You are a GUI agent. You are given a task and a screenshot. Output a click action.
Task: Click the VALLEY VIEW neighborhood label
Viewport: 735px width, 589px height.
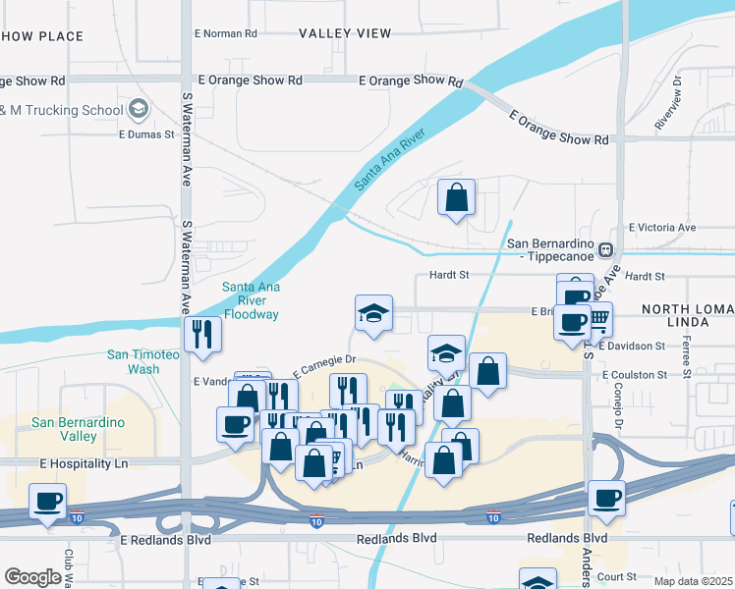click(345, 32)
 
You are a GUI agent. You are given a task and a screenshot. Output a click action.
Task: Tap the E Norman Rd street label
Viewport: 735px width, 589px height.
click(225, 32)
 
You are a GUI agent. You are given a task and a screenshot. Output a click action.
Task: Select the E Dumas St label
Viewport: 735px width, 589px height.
click(145, 134)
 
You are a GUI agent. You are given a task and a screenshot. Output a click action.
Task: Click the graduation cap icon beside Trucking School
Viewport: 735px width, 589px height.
click(139, 109)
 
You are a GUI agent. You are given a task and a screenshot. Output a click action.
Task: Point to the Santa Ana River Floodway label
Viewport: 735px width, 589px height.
click(251, 300)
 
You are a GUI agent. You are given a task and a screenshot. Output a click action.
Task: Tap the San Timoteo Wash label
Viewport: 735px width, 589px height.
click(143, 361)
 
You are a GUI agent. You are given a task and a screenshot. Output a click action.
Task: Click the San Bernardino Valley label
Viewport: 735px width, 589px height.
click(78, 429)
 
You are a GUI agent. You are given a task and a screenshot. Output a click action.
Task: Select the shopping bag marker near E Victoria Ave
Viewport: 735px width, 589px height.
click(457, 197)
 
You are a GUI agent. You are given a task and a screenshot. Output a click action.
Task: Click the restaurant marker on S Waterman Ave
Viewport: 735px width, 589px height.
click(202, 334)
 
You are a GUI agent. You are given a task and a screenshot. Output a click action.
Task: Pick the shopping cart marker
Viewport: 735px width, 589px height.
click(596, 317)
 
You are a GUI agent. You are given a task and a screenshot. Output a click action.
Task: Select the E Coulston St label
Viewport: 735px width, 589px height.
click(635, 375)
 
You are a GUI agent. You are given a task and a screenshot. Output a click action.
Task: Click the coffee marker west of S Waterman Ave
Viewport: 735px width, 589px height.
click(47, 501)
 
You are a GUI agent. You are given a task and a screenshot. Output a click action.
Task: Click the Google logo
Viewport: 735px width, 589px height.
click(32, 577)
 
